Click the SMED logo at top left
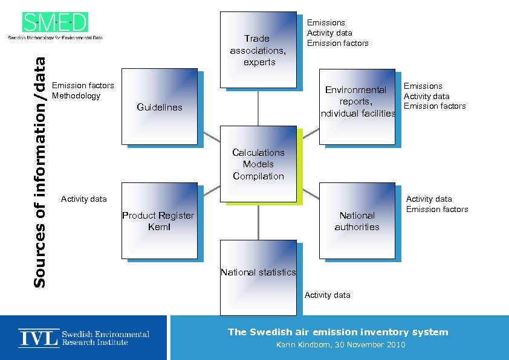[55, 23]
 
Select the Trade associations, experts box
[258, 50]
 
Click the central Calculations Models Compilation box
[258, 164]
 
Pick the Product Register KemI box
[159, 221]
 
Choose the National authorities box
[357, 221]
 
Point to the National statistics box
[258, 277]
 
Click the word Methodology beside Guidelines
[76, 96]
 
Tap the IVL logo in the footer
[39, 338]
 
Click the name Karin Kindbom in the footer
[303, 344]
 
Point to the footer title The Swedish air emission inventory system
[337, 332]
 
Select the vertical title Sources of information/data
[39, 172]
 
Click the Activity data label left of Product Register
[84, 199]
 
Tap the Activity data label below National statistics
[327, 295]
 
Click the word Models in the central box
[258, 164]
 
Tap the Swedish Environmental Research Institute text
[105, 338]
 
